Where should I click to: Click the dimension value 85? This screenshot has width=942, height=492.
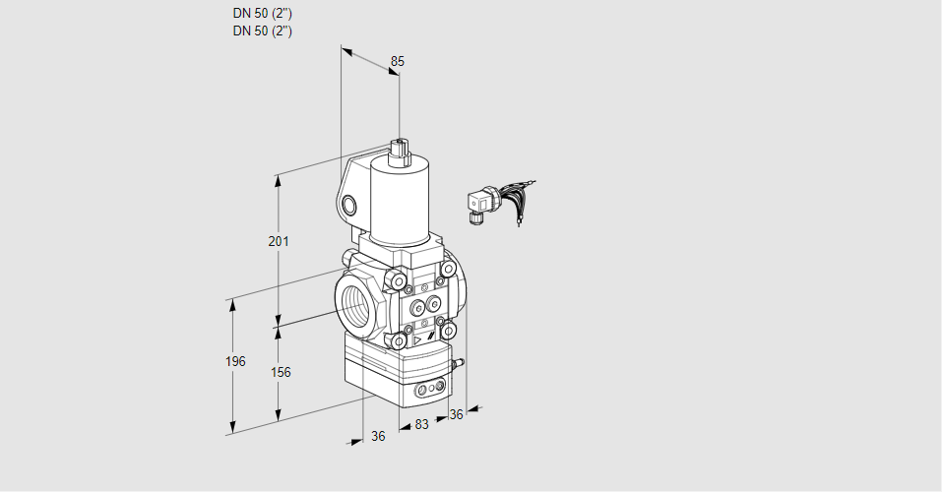pyautogui.click(x=397, y=61)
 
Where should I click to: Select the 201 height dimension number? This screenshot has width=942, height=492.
pyautogui.click(x=279, y=241)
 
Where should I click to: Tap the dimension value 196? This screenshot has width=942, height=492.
pyautogui.click(x=235, y=361)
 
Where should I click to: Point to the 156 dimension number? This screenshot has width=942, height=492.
pyautogui.click(x=281, y=373)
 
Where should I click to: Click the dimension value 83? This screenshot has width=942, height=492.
pyautogui.click(x=421, y=425)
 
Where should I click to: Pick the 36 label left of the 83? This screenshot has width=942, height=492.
pyautogui.click(x=378, y=436)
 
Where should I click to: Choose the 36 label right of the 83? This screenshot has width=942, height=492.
pyautogui.click(x=456, y=414)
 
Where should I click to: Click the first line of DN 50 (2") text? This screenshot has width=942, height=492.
pyautogui.click(x=263, y=13)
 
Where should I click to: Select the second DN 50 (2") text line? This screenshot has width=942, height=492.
pyautogui.click(x=263, y=31)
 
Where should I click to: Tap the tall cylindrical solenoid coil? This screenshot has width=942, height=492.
pyautogui.click(x=400, y=198)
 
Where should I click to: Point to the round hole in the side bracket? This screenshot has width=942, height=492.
pyautogui.click(x=348, y=206)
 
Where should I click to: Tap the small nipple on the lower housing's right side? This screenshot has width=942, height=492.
pyautogui.click(x=459, y=363)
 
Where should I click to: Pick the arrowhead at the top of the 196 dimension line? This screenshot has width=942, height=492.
pyautogui.click(x=232, y=304)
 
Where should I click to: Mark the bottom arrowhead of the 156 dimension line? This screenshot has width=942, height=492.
pyautogui.click(x=279, y=415)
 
